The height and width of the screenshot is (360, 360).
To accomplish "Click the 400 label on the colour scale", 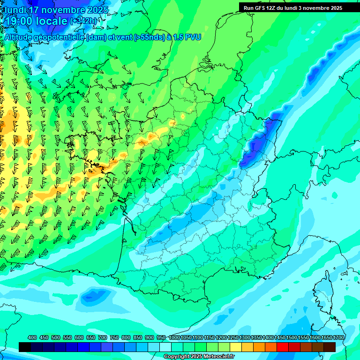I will [32, 337].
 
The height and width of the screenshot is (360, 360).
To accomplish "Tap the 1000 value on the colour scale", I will [174, 337].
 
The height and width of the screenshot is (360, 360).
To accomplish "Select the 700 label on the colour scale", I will [103, 337].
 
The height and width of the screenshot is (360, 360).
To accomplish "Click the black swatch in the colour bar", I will [25, 347].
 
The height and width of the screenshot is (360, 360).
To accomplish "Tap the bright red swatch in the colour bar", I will [282, 347].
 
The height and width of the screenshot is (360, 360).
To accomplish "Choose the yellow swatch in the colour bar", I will [236, 347].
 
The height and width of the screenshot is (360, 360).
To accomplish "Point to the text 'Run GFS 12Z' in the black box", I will [260, 8].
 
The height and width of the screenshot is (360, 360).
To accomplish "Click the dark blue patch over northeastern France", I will [258, 141].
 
